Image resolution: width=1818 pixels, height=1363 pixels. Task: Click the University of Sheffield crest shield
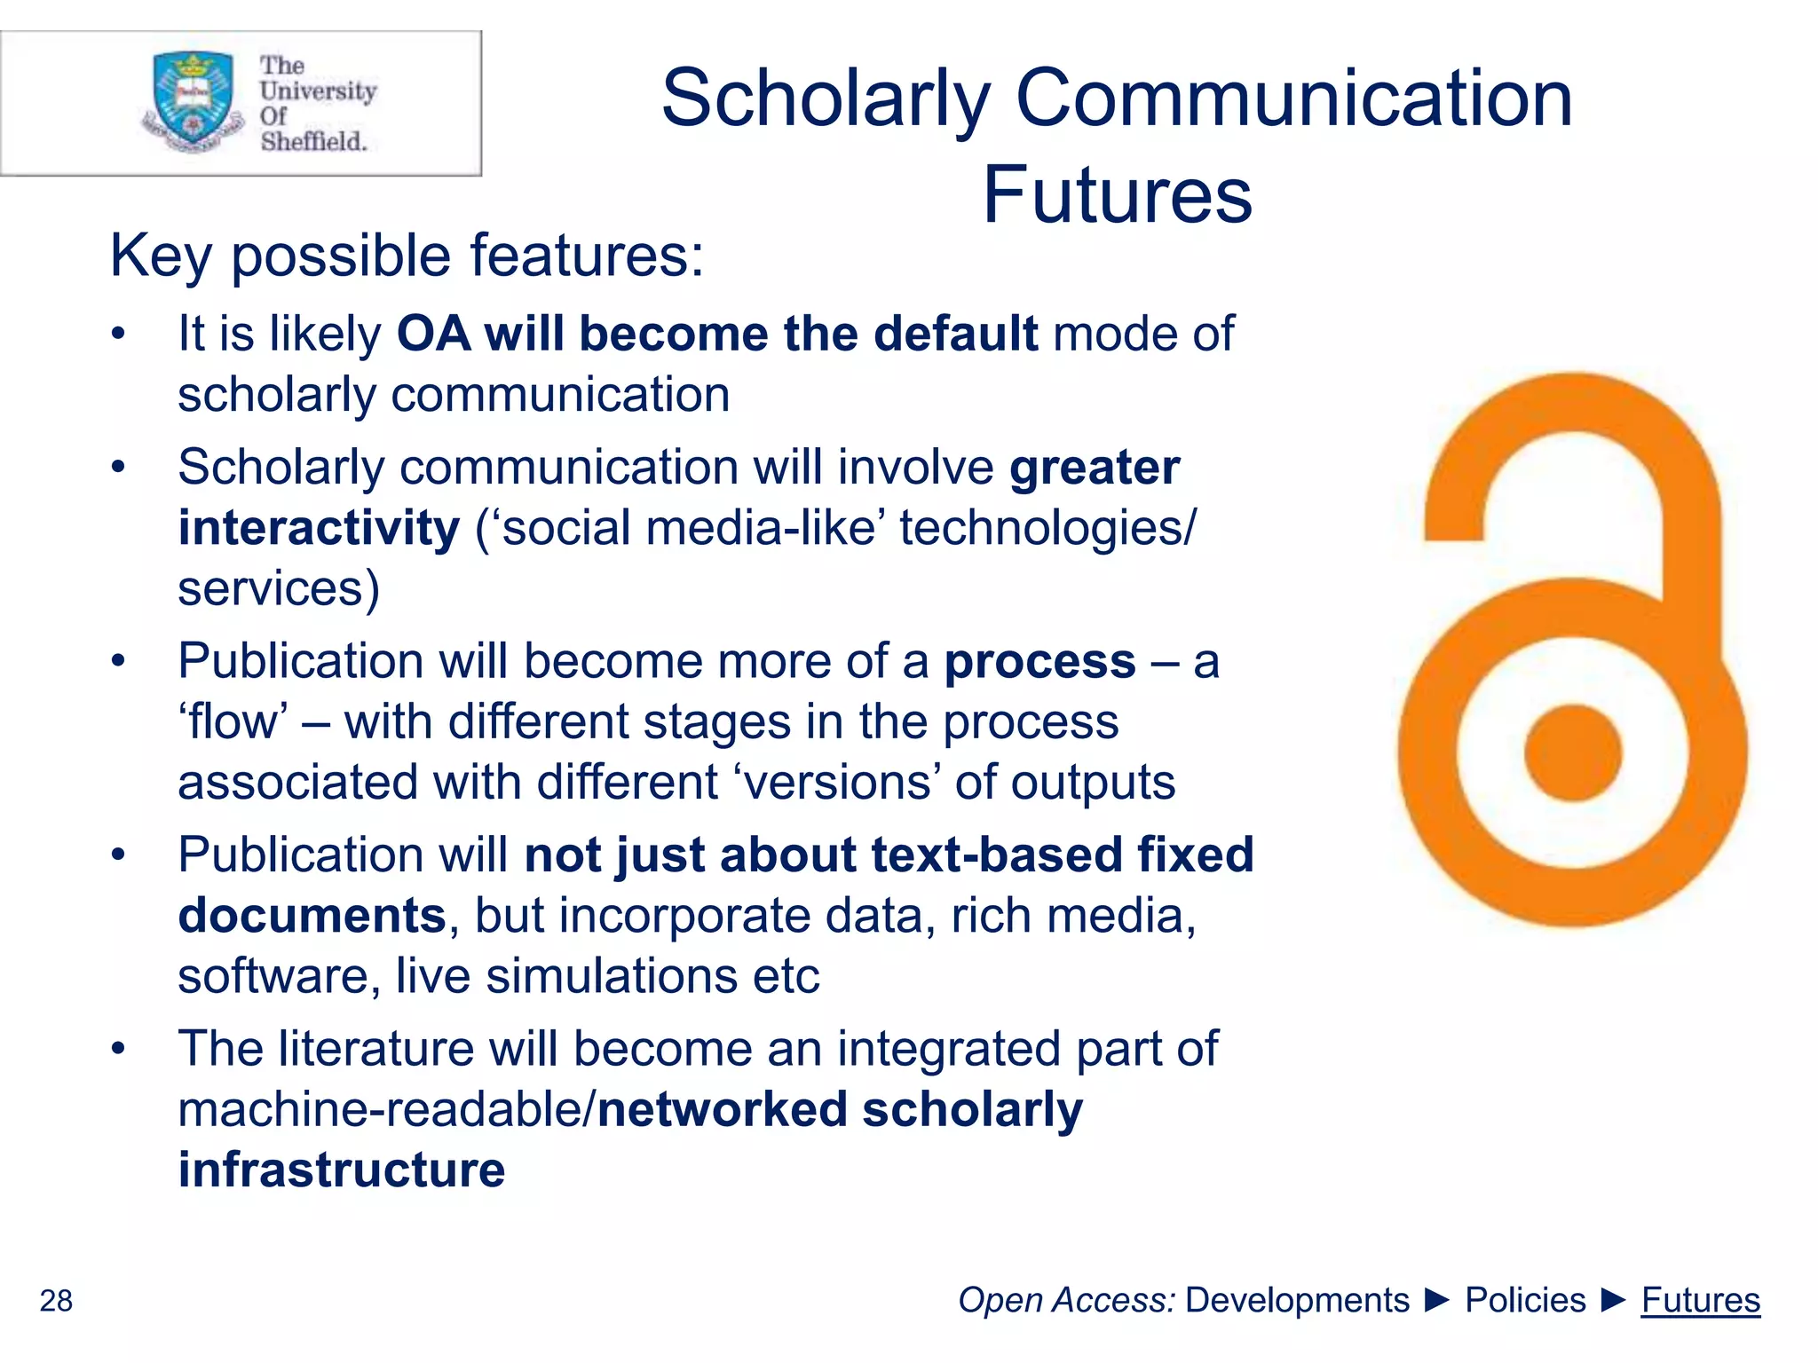pyautogui.click(x=194, y=98)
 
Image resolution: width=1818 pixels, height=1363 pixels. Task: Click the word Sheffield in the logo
pyautogui.click(x=313, y=141)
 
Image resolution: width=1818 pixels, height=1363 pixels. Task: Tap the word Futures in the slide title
pyautogui.click(x=1117, y=195)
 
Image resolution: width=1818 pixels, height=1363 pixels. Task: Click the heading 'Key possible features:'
pyautogui.click(x=407, y=256)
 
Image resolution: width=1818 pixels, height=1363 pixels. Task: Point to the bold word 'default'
pyautogui.click(x=955, y=334)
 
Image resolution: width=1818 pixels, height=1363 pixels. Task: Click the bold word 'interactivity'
pyautogui.click(x=319, y=528)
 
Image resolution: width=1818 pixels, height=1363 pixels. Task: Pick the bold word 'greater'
pyautogui.click(x=1095, y=468)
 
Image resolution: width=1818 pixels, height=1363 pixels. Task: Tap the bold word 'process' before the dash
pyautogui.click(x=1039, y=662)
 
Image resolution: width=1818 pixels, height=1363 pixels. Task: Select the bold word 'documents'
pyautogui.click(x=312, y=916)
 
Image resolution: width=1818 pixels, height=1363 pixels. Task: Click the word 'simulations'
pyautogui.click(x=612, y=976)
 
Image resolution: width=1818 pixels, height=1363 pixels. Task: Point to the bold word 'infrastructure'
pyautogui.click(x=342, y=1170)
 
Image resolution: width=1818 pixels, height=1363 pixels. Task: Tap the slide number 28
pyautogui.click(x=56, y=1301)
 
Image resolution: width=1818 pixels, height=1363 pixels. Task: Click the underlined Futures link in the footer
pyautogui.click(x=1700, y=1300)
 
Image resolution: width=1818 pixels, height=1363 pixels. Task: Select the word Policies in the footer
pyautogui.click(x=1524, y=1300)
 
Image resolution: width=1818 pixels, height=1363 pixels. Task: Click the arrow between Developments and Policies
pyautogui.click(x=1437, y=1301)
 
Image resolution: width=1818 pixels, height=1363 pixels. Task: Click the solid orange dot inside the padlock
pyautogui.click(x=1572, y=752)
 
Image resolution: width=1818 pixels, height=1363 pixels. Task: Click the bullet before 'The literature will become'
pyautogui.click(x=119, y=1049)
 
